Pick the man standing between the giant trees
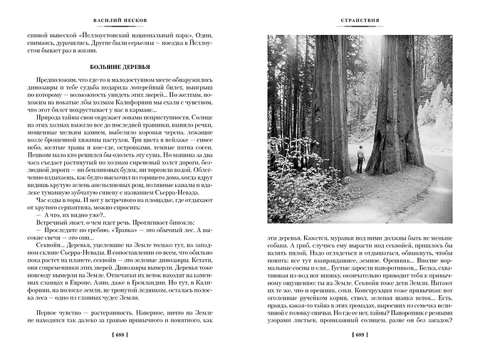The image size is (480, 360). point(361,159)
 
